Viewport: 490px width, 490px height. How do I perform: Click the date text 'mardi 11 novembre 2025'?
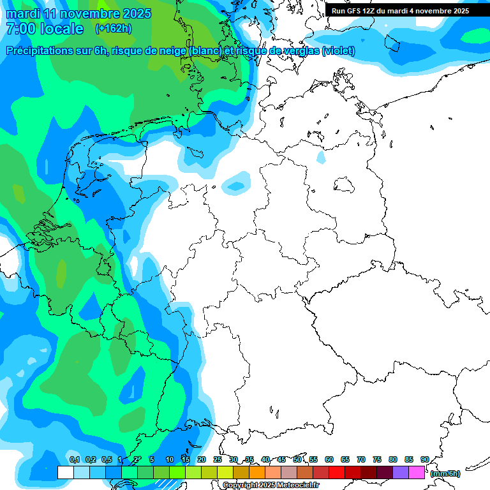tap(78, 13)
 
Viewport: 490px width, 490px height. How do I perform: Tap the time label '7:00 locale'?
tap(45, 29)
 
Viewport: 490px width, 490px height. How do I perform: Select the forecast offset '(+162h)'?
tap(114, 29)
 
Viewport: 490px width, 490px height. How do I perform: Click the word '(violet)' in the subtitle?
tap(339, 51)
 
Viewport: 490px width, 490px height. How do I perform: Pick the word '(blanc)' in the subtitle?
tap(202, 51)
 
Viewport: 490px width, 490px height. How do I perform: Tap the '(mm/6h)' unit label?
tap(445, 473)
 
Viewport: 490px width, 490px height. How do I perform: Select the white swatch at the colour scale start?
tap(65, 473)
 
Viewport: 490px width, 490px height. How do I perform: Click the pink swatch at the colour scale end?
tap(417, 473)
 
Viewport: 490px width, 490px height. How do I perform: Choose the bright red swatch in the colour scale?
tap(337, 473)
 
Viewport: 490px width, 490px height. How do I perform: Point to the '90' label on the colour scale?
tap(424, 459)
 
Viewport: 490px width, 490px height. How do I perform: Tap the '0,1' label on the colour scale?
tap(74, 459)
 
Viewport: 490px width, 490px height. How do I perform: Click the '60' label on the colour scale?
tap(329, 459)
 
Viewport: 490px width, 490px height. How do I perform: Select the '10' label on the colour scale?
tap(170, 459)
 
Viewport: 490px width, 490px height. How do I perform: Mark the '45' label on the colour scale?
tap(281, 459)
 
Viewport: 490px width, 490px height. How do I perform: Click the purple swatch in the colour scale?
tap(401, 473)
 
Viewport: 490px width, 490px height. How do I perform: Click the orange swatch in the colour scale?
tap(257, 473)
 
